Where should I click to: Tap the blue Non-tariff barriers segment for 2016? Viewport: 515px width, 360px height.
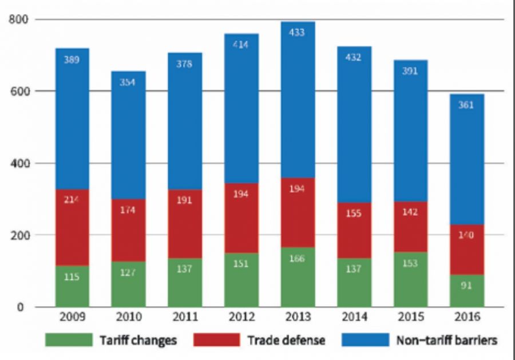coord(467,172)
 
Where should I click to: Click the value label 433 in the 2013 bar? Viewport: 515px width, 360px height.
coord(298,33)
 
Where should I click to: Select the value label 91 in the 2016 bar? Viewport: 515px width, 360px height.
coord(467,286)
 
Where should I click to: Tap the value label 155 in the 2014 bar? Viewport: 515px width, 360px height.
coord(354,213)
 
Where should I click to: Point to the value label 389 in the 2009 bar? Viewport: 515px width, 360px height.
coord(72,60)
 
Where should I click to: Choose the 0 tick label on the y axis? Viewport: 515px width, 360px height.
coord(24,307)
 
